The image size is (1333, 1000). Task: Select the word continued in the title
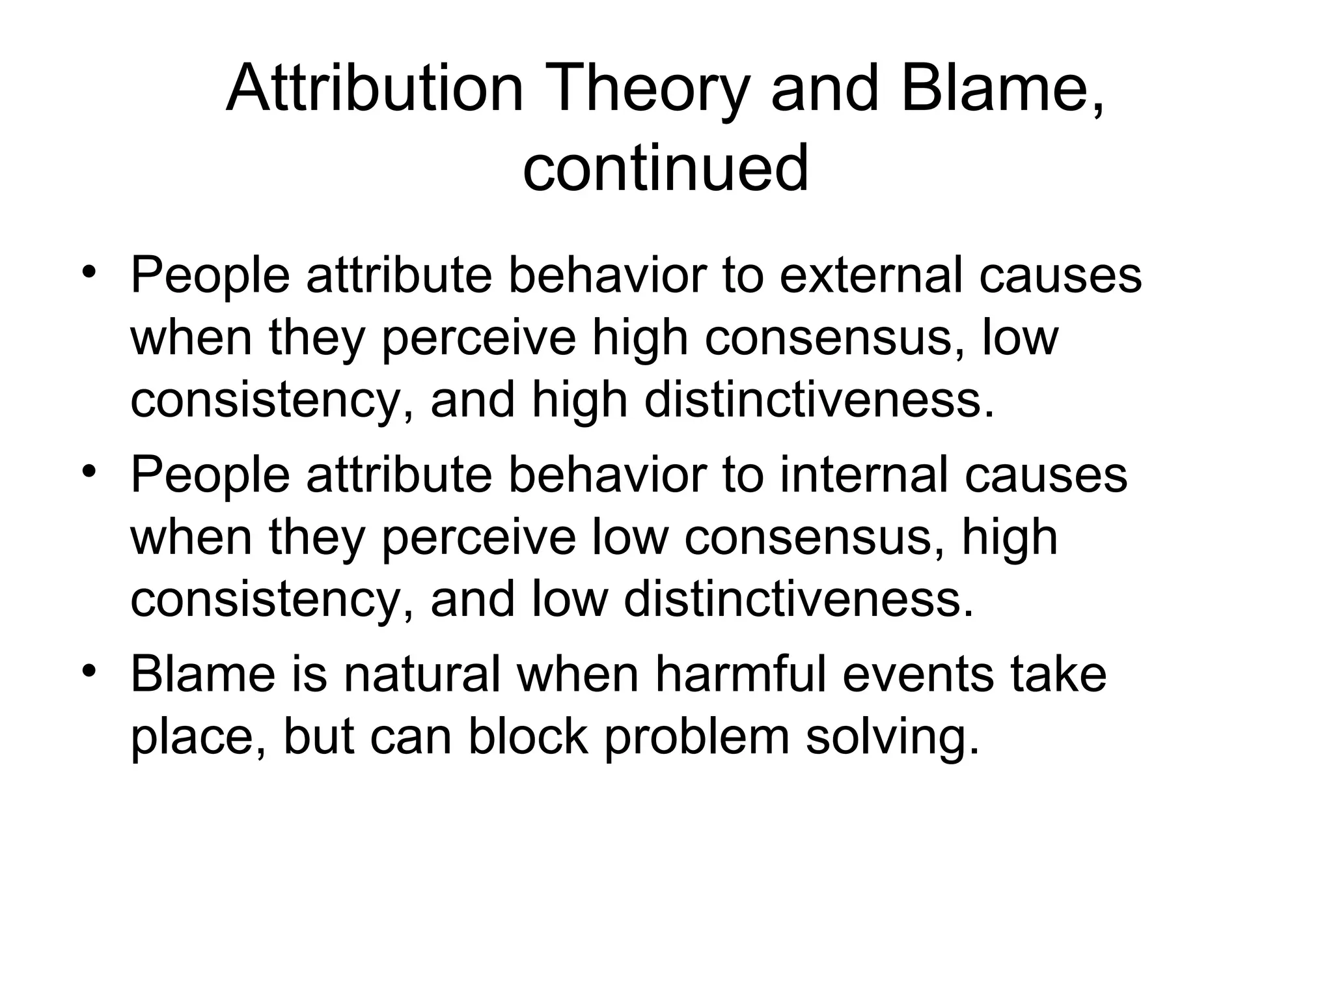(666, 168)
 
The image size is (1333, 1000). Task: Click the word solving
(892, 738)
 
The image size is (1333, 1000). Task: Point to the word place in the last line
(198, 738)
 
